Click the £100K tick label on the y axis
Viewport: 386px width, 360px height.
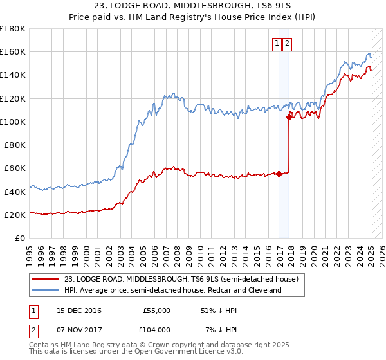pos(13,122)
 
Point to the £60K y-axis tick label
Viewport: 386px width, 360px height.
pos(15,168)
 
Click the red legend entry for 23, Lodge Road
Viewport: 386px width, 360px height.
pos(181,280)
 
